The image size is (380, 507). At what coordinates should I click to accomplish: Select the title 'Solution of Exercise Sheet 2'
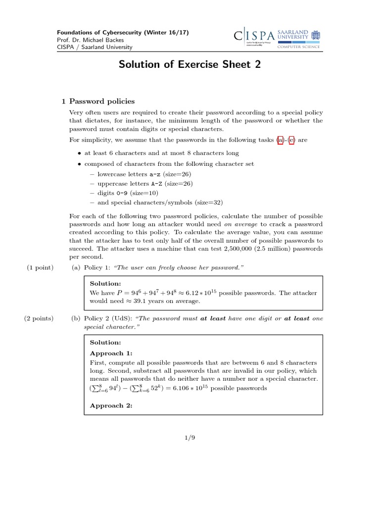[190, 65]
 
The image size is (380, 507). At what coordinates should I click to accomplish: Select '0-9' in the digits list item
[122, 193]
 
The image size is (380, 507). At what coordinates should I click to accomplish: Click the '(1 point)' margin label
[40, 267]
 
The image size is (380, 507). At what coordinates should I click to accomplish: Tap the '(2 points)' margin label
[39, 318]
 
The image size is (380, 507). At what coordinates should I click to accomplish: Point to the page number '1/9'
[190, 437]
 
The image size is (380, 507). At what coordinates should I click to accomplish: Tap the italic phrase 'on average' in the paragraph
[241, 224]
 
